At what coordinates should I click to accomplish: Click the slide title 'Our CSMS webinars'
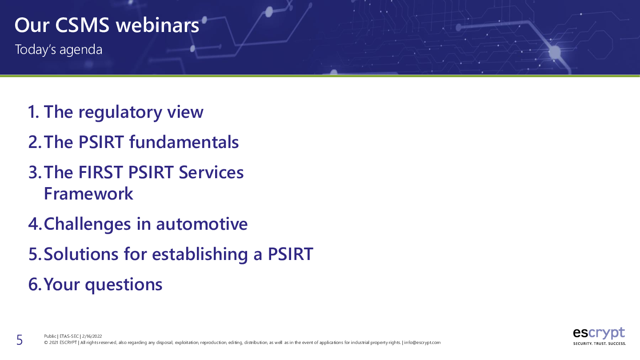tap(107, 25)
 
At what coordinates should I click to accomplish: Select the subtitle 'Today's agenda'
tap(59, 50)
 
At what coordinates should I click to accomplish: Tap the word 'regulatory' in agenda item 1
tap(120, 112)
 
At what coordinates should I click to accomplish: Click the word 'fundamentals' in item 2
tap(184, 142)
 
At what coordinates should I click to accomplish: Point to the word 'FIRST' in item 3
tap(100, 172)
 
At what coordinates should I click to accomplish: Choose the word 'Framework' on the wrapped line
tap(88, 194)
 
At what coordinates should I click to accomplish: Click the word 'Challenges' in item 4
tap(87, 224)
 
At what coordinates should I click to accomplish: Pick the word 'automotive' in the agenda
tap(202, 224)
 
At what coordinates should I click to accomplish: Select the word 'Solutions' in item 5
tap(81, 254)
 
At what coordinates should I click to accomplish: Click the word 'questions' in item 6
tap(124, 285)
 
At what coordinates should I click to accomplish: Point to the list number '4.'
tap(35, 224)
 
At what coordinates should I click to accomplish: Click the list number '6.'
tap(35, 284)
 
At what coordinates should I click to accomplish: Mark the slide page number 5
tap(20, 340)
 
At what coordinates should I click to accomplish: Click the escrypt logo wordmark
tap(599, 333)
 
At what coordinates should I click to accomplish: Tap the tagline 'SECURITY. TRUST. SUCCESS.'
tap(600, 344)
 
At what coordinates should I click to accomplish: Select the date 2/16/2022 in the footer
tap(92, 336)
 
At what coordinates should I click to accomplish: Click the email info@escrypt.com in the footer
tap(422, 343)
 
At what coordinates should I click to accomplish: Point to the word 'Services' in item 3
tap(211, 172)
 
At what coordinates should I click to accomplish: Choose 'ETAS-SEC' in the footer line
tap(69, 336)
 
